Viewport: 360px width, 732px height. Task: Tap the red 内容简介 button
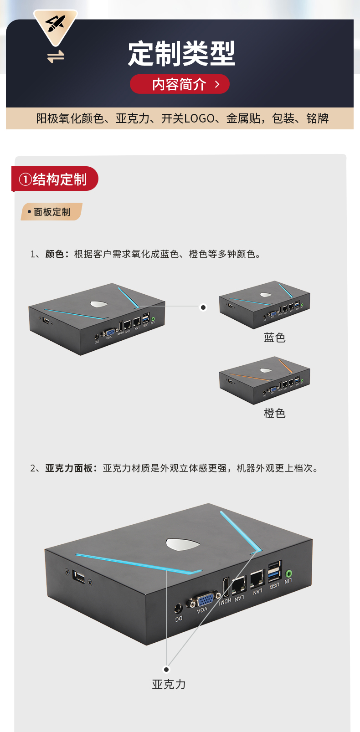coord(180,84)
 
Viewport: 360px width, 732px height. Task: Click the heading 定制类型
coord(181,54)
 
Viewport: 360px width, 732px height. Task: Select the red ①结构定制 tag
coord(55,179)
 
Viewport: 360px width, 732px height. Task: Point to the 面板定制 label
coord(51,212)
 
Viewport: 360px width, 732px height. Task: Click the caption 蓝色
coord(274,338)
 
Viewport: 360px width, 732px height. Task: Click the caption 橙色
coord(274,413)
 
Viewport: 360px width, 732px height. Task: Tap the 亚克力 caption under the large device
coord(169,684)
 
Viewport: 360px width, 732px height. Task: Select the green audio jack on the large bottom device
coord(288,573)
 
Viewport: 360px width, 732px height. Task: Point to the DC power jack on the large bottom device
coord(178,608)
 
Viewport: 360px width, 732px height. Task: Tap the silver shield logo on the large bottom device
coord(183,544)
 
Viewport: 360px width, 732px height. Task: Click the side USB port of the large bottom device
coord(79,577)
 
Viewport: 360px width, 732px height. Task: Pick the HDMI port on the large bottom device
coord(226,588)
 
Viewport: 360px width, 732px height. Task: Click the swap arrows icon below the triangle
coord(56,57)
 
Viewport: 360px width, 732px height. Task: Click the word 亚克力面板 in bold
coord(69,468)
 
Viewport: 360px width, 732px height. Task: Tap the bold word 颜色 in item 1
coord(55,254)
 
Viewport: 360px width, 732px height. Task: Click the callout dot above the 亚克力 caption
coord(166,669)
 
